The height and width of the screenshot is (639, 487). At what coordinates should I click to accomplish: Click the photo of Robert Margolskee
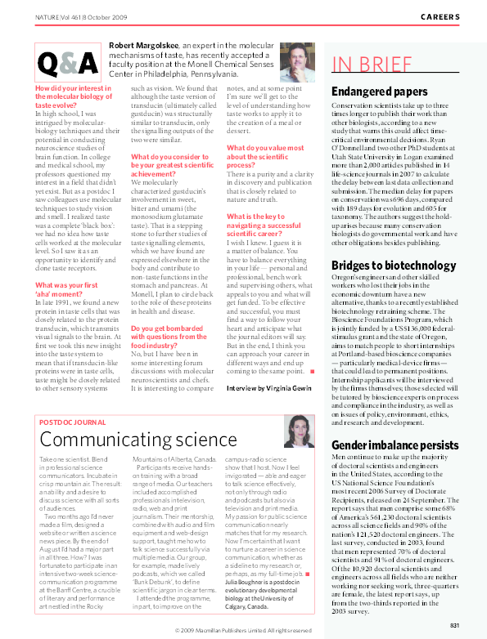(x=297, y=61)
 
